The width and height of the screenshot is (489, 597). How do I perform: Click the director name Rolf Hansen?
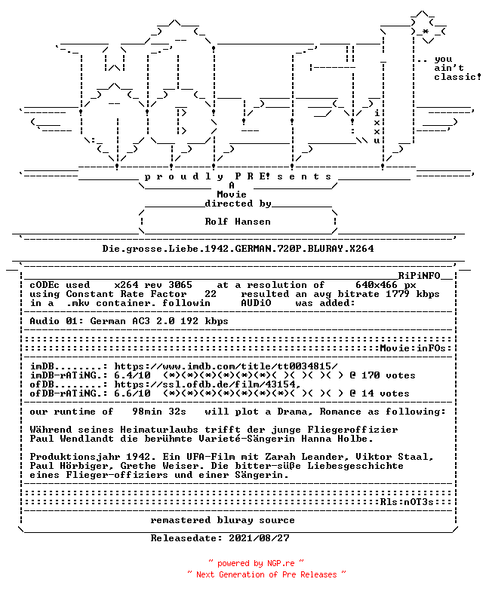pyautogui.click(x=238, y=222)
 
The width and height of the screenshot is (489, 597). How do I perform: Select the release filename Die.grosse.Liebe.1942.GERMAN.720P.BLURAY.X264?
pyautogui.click(x=238, y=249)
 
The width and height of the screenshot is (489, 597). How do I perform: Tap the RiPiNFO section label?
pyautogui.click(x=420, y=276)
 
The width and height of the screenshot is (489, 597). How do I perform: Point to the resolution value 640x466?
pyautogui.click(x=377, y=285)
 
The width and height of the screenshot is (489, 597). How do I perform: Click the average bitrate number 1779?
pyautogui.click(x=398, y=294)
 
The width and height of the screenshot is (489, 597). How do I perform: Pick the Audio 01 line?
pyautogui.click(x=129, y=321)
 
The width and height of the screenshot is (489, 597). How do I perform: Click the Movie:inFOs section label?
pyautogui.click(x=413, y=348)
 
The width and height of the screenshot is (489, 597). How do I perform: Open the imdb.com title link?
pyautogui.click(x=226, y=366)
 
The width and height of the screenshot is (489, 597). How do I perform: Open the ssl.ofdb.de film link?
pyautogui.click(x=208, y=384)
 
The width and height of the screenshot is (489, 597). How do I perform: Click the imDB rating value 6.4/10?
pyautogui.click(x=132, y=375)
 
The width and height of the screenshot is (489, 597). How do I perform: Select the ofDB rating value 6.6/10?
pyautogui.click(x=132, y=393)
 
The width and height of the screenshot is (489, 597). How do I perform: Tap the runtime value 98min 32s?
pyautogui.click(x=159, y=412)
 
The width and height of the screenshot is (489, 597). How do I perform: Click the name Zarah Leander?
pyautogui.click(x=298, y=457)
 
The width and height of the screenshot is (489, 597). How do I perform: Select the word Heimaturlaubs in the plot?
pyautogui.click(x=159, y=430)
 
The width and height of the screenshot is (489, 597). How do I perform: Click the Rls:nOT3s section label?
pyautogui.click(x=407, y=502)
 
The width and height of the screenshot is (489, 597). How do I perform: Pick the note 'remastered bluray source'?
pyautogui.click(x=223, y=520)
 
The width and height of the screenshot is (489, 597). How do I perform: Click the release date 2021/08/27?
pyautogui.click(x=259, y=538)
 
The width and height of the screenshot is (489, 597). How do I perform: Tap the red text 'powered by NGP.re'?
pyautogui.click(x=256, y=563)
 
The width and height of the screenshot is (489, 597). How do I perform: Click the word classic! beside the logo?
pyautogui.click(x=458, y=77)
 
